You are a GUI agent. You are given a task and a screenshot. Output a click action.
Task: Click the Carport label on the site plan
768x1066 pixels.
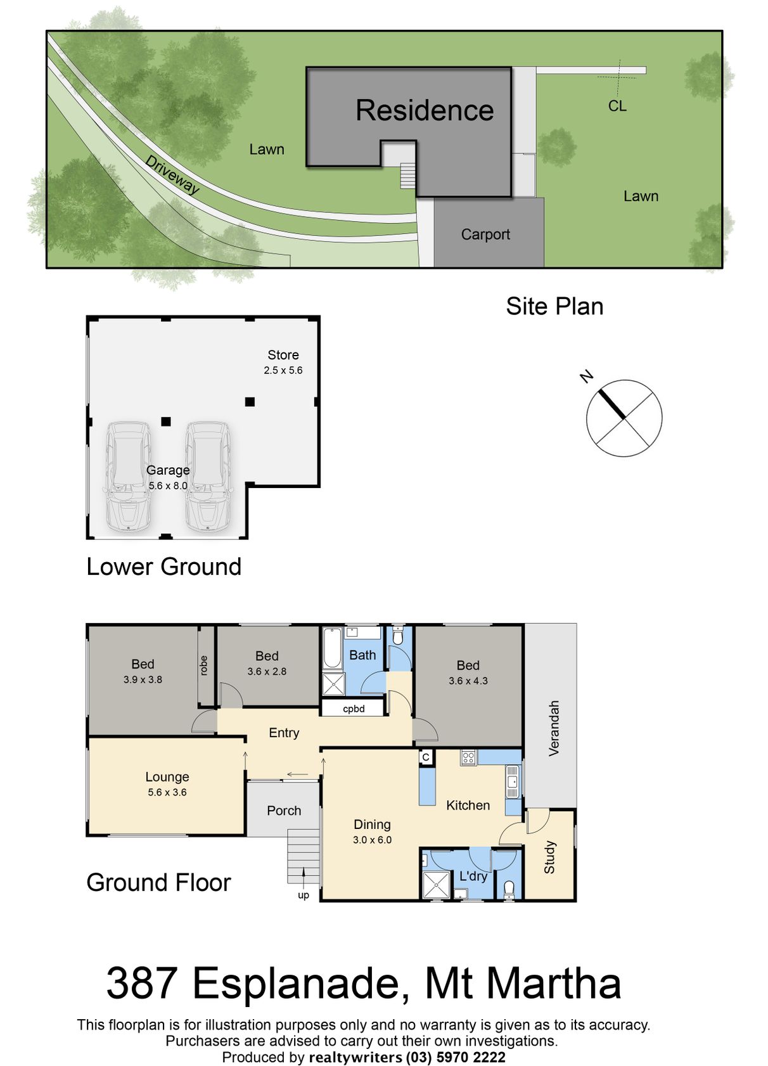(485, 234)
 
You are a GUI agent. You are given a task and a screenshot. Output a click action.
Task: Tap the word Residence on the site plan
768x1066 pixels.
(425, 110)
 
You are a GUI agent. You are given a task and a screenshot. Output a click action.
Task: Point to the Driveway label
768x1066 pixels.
(172, 175)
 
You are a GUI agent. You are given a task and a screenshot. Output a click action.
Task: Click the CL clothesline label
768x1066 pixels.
(617, 106)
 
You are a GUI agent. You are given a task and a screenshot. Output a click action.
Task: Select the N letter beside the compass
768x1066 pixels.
(587, 376)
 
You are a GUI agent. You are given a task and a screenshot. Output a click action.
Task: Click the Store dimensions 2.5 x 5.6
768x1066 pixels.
(283, 370)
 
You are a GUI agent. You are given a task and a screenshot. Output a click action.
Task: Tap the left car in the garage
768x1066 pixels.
(129, 477)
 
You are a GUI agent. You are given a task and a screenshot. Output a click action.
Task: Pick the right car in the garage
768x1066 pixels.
(207, 477)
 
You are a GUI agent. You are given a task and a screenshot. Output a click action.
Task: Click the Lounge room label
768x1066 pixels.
(167, 776)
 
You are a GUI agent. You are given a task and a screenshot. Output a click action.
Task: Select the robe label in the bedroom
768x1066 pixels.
(203, 665)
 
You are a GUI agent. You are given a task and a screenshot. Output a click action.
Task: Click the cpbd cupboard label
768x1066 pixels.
(354, 709)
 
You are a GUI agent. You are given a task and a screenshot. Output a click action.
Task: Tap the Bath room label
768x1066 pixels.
(362, 655)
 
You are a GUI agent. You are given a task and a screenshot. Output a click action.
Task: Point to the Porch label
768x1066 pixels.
(284, 811)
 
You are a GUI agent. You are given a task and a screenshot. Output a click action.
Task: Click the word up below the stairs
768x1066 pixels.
(303, 896)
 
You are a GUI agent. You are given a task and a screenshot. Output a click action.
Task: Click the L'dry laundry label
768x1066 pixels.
(473, 876)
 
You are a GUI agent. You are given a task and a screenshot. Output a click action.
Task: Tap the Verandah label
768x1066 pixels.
(553, 728)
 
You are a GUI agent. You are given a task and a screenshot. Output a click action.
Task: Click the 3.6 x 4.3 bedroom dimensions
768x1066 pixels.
(468, 681)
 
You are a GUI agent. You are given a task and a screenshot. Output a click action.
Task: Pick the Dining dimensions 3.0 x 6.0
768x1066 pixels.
(372, 840)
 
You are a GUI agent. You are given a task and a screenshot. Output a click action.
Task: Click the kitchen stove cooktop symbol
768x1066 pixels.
(468, 757)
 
